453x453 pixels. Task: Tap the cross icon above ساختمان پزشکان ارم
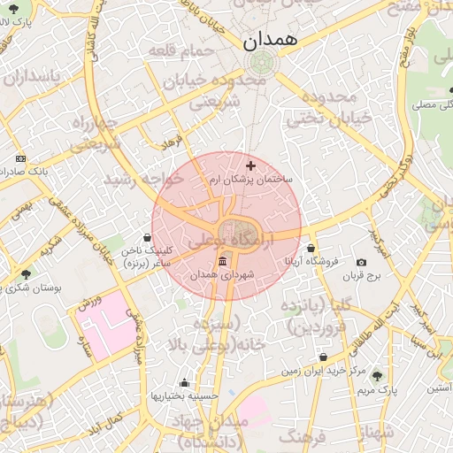coord(250,165)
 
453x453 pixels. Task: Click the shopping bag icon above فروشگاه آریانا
coord(311,248)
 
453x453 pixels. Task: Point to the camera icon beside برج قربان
coord(361,262)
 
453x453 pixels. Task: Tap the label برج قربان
coord(361,276)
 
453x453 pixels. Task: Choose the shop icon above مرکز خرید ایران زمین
coord(323,357)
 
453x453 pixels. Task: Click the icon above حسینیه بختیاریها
coord(184,383)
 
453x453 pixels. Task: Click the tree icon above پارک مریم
coord(378,376)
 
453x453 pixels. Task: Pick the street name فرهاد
coord(171,142)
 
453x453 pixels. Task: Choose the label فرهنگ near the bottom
coord(302,436)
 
